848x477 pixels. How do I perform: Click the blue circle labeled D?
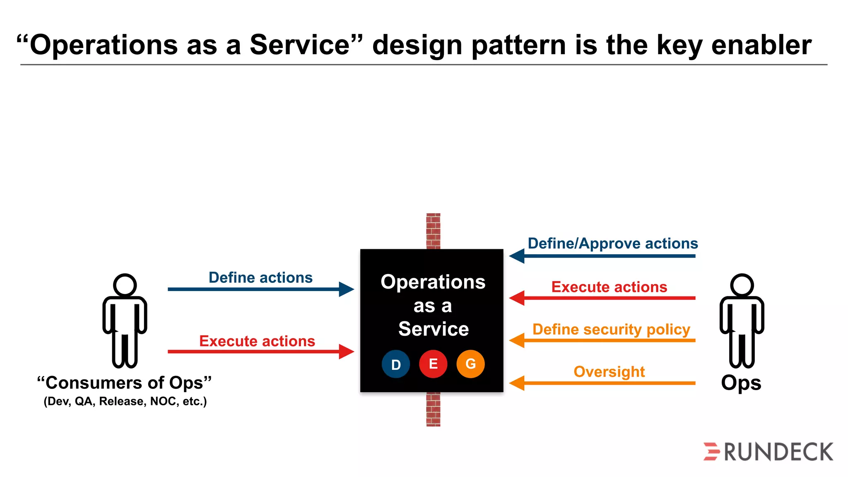point(395,364)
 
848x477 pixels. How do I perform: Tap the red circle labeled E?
point(433,364)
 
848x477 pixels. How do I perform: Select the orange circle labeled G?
point(470,364)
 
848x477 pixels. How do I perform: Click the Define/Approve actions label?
point(612,243)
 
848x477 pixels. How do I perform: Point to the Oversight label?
point(609,371)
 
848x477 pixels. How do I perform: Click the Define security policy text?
point(611,329)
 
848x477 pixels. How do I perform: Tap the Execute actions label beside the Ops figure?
point(609,287)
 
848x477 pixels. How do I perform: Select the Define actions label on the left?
point(260,277)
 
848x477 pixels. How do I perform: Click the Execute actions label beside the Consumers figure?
point(257,341)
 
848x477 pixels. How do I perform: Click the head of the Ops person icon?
point(742,285)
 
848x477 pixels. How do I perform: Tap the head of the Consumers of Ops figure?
point(125,285)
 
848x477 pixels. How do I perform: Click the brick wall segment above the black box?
point(433,231)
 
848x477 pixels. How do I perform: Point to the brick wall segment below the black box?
point(433,409)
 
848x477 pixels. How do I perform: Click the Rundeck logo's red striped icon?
point(712,451)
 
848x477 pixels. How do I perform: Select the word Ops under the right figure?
point(741,383)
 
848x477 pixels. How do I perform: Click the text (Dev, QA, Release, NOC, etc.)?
point(125,401)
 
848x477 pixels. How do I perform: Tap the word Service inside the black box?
point(433,329)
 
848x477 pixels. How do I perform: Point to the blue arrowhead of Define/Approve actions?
point(517,256)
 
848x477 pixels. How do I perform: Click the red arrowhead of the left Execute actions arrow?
point(346,352)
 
